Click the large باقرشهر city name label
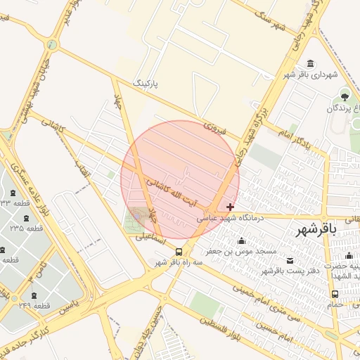(316, 230)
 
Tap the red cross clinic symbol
(231, 207)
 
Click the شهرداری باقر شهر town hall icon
(311, 64)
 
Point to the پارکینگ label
(147, 84)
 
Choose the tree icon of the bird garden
(345, 95)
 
